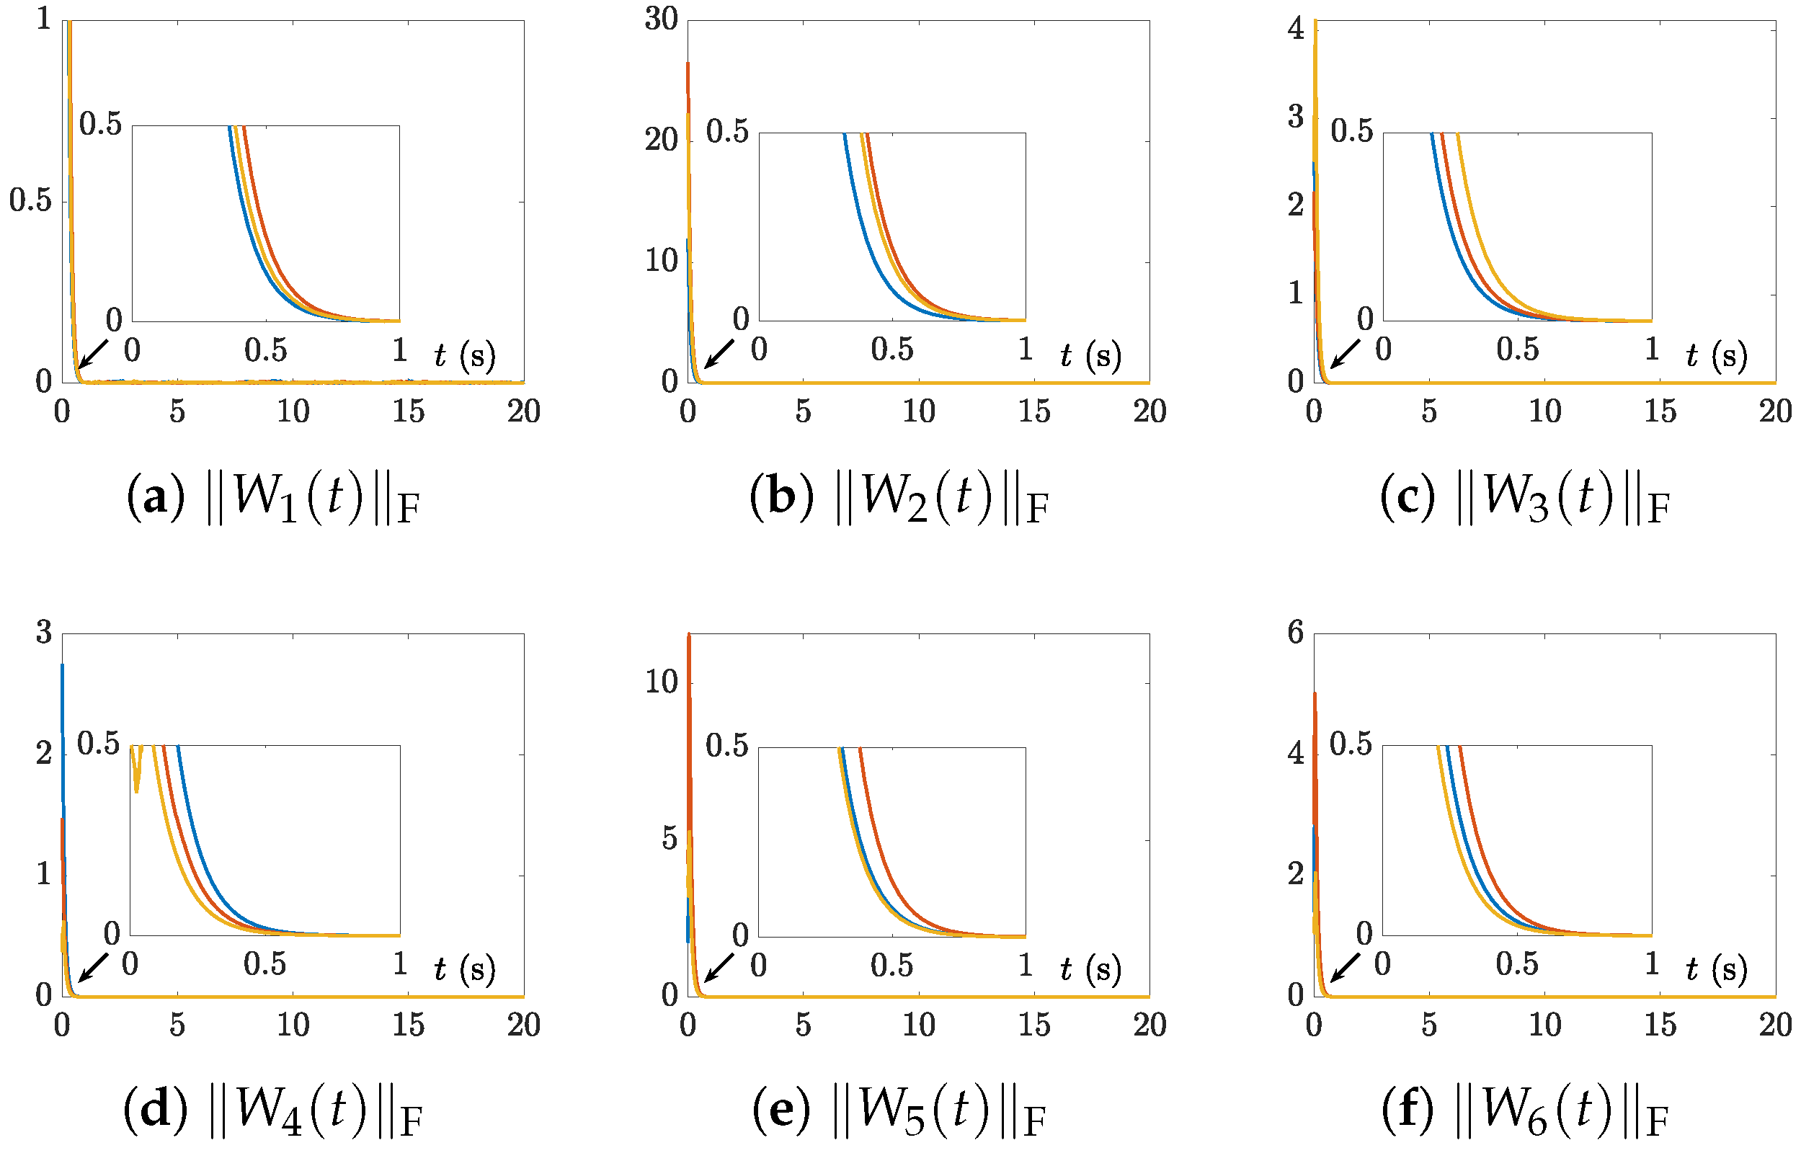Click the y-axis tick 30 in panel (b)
click(x=661, y=19)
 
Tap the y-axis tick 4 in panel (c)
click(x=1296, y=30)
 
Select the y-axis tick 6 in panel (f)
click(x=1296, y=633)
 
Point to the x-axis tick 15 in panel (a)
click(x=408, y=411)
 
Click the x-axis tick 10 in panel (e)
click(x=918, y=1025)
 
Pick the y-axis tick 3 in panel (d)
click(x=44, y=633)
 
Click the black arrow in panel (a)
click(x=93, y=354)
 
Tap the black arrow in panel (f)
click(x=1344, y=967)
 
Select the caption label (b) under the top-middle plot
click(x=781, y=497)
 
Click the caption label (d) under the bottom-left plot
click(x=156, y=1110)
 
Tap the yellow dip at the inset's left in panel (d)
click(x=136, y=779)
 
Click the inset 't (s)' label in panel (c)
click(x=1717, y=356)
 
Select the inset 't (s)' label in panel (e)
click(x=1090, y=969)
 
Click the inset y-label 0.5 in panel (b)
click(x=727, y=132)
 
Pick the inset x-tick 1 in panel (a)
click(x=400, y=350)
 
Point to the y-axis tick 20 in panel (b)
click(x=661, y=140)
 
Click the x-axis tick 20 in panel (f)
click(x=1775, y=1025)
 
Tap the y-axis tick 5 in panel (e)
click(x=670, y=840)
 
